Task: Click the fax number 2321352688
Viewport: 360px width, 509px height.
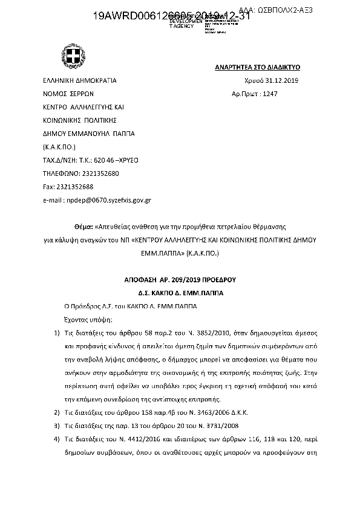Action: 68,186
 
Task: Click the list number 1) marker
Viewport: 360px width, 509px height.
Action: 56,333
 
